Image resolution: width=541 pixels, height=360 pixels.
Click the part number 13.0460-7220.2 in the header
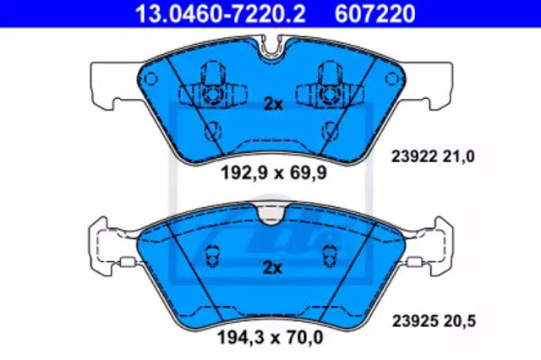(220, 14)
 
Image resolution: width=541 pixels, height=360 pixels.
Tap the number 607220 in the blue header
(374, 14)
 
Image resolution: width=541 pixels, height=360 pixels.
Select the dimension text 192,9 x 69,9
(273, 172)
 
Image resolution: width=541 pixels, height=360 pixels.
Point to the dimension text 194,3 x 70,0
(270, 337)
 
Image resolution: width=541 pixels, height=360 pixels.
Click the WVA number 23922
(414, 156)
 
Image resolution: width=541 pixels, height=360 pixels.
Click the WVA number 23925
(415, 321)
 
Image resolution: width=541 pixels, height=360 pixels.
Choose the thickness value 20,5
(460, 321)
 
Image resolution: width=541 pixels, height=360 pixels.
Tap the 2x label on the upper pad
(273, 104)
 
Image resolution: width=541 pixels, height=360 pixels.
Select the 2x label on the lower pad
(272, 268)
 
